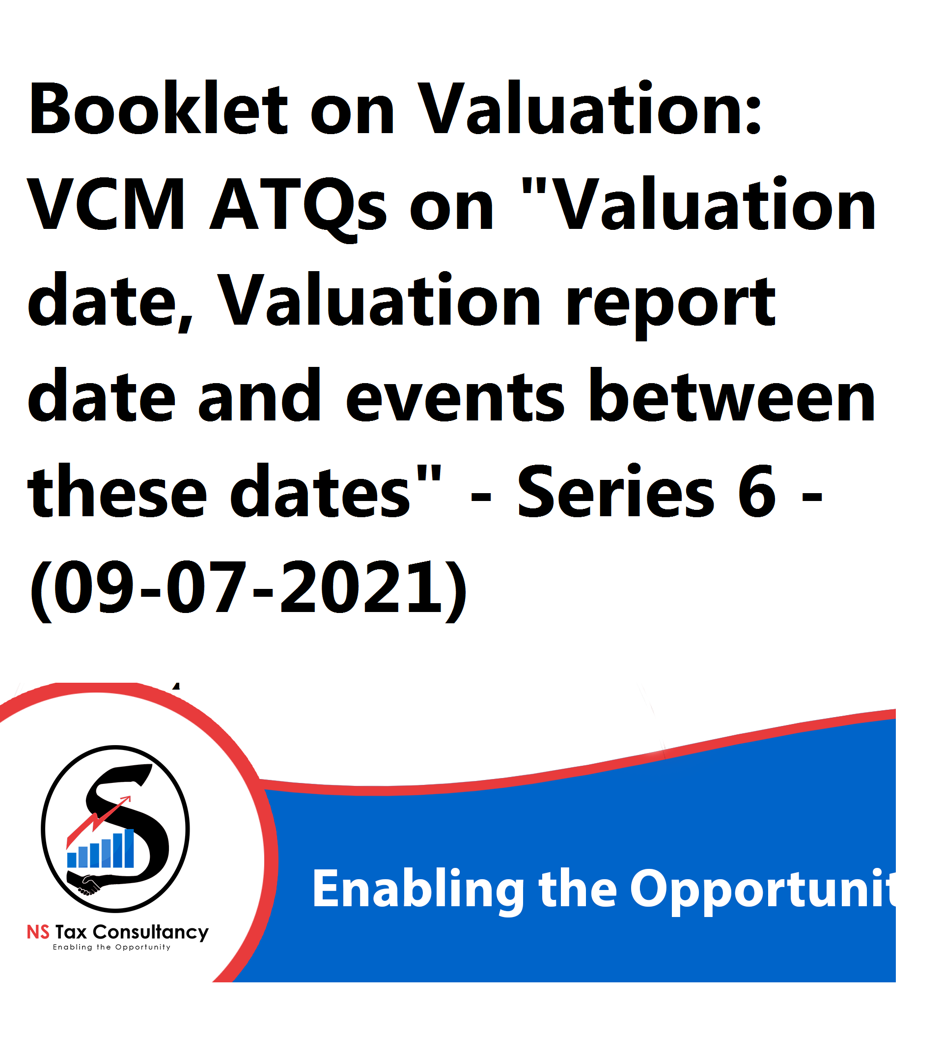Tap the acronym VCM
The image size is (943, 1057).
[107, 204]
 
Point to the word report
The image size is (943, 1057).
[671, 306]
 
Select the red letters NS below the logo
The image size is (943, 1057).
[38, 933]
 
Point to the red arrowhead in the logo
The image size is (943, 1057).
[125, 801]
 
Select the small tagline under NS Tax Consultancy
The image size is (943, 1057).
[111, 947]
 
